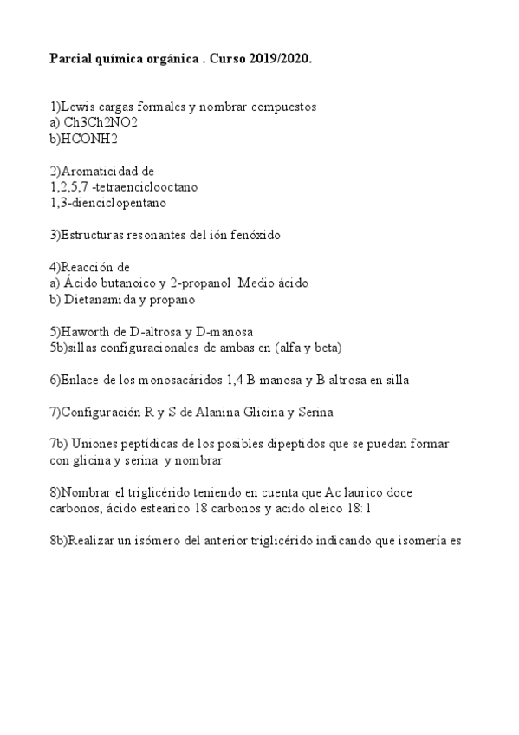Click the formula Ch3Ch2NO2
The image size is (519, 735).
(x=101, y=122)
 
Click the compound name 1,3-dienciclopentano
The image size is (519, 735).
(x=108, y=203)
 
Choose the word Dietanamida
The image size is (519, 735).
(x=105, y=300)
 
